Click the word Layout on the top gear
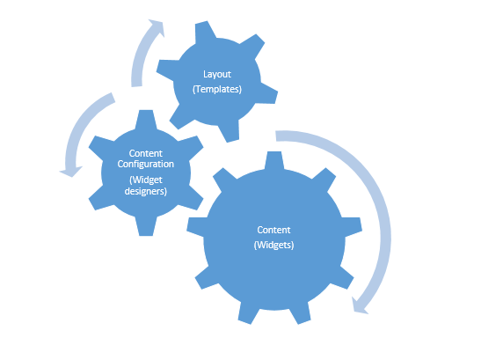[x=217, y=75]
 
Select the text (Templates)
[x=217, y=89]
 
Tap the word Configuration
[x=146, y=164]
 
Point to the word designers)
[x=146, y=191]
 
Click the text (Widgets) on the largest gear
[x=274, y=245]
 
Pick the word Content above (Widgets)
[x=274, y=230]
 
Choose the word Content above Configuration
[x=146, y=153]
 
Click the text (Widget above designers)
[x=146, y=180]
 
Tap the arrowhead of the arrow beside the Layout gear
[x=157, y=27]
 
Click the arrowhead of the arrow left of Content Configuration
[x=71, y=172]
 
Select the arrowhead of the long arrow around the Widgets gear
[x=359, y=306]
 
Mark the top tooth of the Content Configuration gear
[x=146, y=119]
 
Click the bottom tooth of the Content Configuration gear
[x=146, y=227]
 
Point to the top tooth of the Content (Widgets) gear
[x=274, y=160]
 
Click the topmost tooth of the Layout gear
[x=205, y=31]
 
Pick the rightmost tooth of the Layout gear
[x=268, y=93]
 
